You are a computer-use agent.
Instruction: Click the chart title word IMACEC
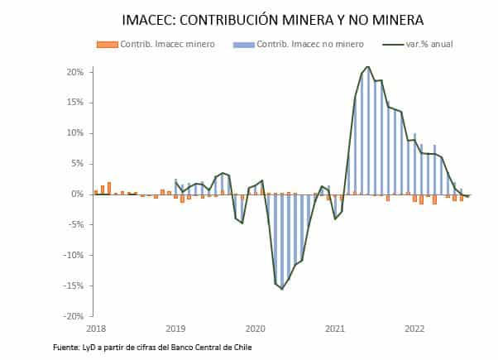[x=151, y=20]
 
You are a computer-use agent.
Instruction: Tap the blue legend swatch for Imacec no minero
[x=244, y=44]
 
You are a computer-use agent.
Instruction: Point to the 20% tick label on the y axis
[x=74, y=72]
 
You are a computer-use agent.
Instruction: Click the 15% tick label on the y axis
[x=74, y=103]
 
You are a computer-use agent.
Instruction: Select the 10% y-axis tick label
[x=74, y=133]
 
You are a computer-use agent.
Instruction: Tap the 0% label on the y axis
[x=77, y=194]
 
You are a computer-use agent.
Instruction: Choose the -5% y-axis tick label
[x=75, y=225]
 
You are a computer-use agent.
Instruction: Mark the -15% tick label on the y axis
[x=73, y=286]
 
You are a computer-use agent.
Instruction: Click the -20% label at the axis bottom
[x=73, y=316]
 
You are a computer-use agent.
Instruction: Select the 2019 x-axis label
[x=175, y=329]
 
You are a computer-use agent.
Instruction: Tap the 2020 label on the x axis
[x=255, y=329]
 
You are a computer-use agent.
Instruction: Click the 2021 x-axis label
[x=335, y=329]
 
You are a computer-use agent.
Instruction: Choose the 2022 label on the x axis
[x=414, y=329]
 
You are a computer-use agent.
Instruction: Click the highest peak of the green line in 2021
[x=367, y=66]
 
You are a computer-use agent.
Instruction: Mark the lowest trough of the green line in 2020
[x=282, y=289]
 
